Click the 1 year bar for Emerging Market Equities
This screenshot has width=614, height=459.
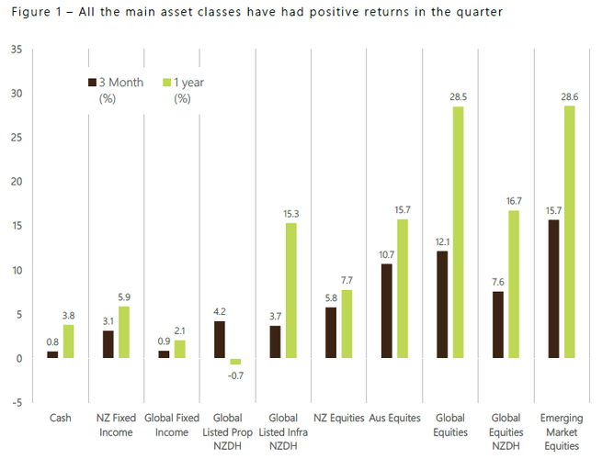[x=569, y=231]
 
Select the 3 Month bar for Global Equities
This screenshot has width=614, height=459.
[x=441, y=304]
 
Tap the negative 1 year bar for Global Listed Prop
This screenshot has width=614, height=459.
[x=235, y=362]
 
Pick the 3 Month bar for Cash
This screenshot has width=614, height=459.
[x=52, y=354]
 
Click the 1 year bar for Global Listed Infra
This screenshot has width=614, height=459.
[x=290, y=290]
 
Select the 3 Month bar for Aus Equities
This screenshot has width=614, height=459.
[x=386, y=310]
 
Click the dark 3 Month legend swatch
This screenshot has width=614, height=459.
[x=92, y=83]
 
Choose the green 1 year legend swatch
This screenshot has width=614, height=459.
[x=166, y=83]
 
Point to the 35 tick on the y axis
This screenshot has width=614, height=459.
[x=17, y=49]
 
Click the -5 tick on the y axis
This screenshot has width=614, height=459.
[x=17, y=402]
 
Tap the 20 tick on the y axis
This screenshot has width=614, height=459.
[x=17, y=181]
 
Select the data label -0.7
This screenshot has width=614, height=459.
[x=235, y=375]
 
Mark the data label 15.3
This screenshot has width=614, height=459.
[x=290, y=214]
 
